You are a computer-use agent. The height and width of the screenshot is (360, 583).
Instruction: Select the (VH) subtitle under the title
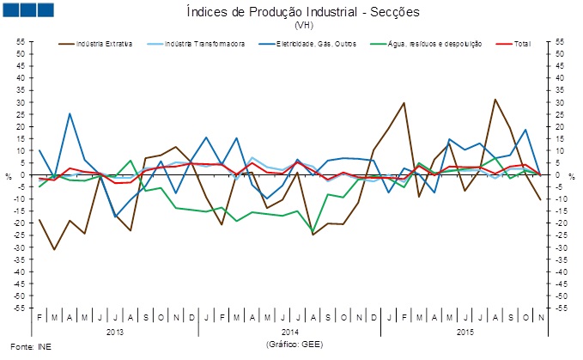point(291,26)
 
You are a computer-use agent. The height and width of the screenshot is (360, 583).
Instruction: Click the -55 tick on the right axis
point(562,308)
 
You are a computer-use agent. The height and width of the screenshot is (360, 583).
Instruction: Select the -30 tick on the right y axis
point(562,247)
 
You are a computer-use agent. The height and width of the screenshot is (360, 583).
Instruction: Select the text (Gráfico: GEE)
point(291,343)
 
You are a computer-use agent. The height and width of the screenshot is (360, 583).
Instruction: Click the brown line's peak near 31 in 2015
point(495,100)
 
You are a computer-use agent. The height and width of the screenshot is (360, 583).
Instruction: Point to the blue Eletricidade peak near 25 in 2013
point(70,113)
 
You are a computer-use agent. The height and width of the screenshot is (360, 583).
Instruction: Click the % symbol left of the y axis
point(8,176)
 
